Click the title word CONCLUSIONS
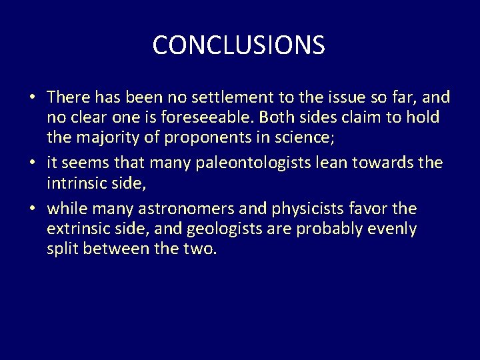pos(239,45)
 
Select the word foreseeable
pos(218,118)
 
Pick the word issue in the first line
pos(337,98)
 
